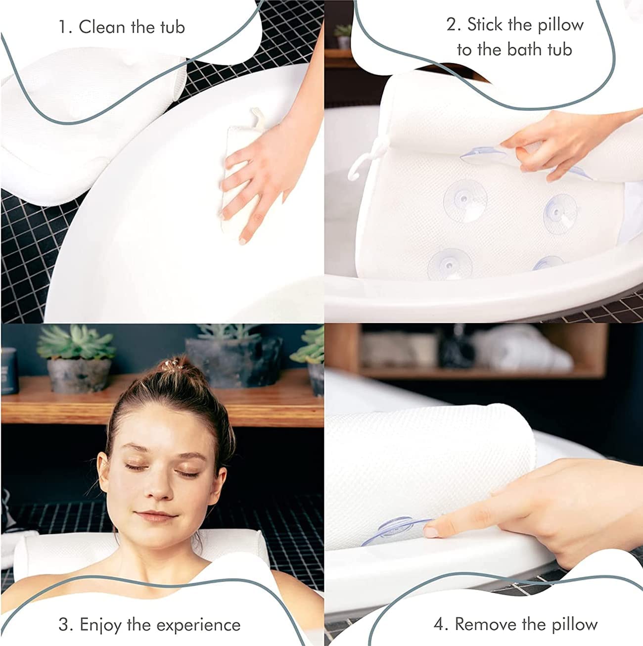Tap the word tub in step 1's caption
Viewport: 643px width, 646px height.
[172, 27]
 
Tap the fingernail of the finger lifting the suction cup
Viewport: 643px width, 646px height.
[430, 531]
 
